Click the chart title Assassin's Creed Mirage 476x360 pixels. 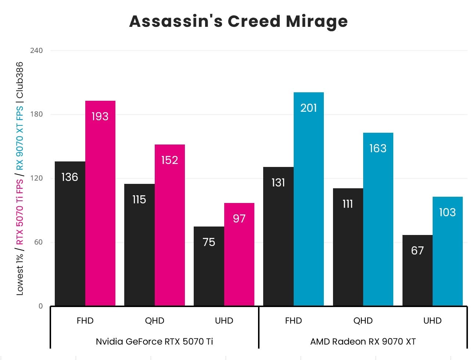point(238,21)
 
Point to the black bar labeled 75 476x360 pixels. point(209,266)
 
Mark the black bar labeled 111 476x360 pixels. point(348,247)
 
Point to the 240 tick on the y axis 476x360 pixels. point(36,50)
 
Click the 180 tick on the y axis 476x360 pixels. point(36,114)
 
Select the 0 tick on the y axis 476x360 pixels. point(40,306)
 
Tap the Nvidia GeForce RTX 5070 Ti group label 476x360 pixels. point(154,342)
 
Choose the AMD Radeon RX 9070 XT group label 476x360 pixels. point(363,342)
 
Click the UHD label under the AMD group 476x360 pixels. point(432,321)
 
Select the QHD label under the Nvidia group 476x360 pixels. point(154,321)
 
